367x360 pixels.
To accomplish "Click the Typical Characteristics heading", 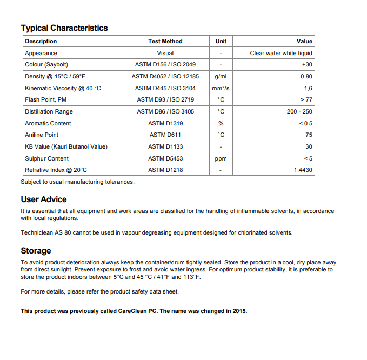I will [x=64, y=28].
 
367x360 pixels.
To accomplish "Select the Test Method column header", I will [x=165, y=41].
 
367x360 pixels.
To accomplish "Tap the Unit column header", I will [x=221, y=41].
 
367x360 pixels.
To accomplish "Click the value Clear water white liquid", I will [x=281, y=53].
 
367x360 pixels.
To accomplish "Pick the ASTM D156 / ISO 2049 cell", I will [x=165, y=65].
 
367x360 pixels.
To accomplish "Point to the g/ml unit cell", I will [x=221, y=77].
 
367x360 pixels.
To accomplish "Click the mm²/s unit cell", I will [x=221, y=88].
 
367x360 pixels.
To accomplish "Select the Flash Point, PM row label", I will [x=45, y=100].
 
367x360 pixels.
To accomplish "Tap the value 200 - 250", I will [x=299, y=111].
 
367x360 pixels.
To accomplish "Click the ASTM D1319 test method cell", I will [x=165, y=123].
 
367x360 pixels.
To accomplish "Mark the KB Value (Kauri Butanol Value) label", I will [x=66, y=146].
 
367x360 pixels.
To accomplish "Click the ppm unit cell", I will [x=221, y=158].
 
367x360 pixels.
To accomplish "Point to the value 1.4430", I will [x=303, y=170].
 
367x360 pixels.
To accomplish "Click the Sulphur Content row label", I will [x=46, y=158].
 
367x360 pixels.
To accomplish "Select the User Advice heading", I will [x=44, y=199].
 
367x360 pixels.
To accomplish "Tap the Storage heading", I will [x=36, y=251].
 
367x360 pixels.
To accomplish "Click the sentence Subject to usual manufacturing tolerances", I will [x=77, y=182].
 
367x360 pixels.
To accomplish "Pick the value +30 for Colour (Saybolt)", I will [x=307, y=65].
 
